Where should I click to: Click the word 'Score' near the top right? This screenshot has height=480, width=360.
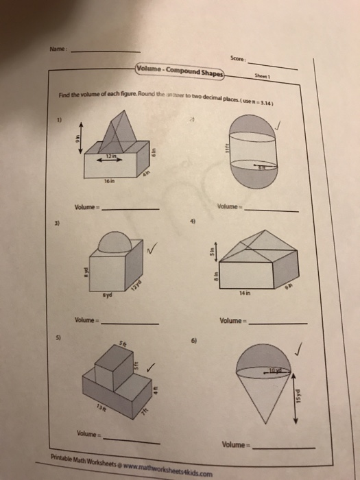coord(239,60)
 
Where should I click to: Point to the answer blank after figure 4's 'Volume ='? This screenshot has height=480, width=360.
coord(280,322)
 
